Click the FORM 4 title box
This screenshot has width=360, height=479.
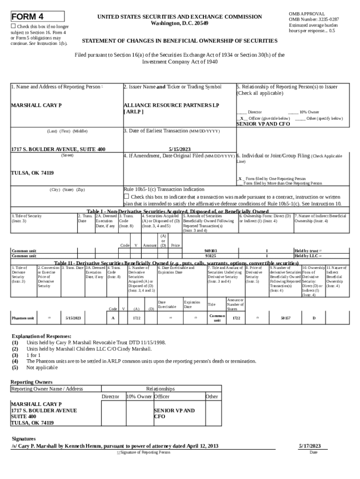(37, 17)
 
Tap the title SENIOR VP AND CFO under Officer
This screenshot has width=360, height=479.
(263, 124)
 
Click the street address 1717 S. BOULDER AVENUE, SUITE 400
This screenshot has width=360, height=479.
(58, 149)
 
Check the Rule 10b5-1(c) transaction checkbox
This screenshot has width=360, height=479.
(126, 196)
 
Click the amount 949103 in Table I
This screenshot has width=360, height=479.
(211, 251)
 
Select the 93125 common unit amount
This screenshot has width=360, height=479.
(211, 256)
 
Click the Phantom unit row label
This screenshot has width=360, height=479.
(22, 318)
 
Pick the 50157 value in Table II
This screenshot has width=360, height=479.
(285, 318)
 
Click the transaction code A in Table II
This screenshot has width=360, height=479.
(113, 318)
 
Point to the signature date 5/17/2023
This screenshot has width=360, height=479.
(310, 446)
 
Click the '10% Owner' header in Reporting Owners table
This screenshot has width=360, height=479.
(139, 396)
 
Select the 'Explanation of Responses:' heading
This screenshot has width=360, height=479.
(41, 336)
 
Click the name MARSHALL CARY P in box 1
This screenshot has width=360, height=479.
(36, 105)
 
